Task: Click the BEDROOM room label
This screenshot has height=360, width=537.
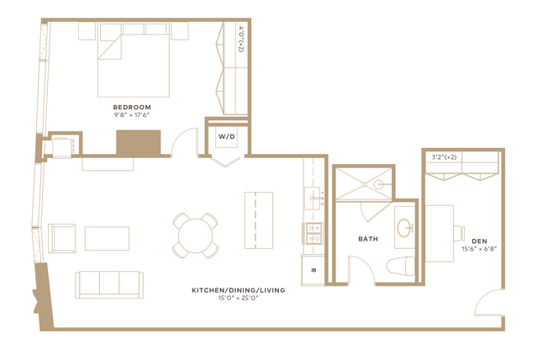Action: click(x=132, y=108)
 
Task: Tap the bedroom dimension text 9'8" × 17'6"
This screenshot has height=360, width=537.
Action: click(x=132, y=115)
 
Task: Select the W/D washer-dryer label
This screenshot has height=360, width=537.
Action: click(x=227, y=137)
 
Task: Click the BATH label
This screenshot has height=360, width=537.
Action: click(x=368, y=239)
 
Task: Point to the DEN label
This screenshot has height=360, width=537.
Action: click(x=479, y=241)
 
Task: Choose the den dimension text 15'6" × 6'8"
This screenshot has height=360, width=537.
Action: click(x=479, y=249)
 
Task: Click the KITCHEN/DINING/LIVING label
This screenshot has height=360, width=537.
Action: click(x=239, y=290)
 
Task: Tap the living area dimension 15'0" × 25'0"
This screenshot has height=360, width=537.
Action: click(x=239, y=299)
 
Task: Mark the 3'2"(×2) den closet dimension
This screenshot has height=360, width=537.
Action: click(x=444, y=157)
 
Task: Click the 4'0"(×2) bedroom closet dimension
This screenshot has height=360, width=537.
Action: click(x=240, y=39)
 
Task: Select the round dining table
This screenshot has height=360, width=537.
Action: click(x=196, y=236)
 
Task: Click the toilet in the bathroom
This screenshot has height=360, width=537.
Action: click(x=400, y=266)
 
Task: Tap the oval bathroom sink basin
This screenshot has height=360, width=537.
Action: click(x=404, y=228)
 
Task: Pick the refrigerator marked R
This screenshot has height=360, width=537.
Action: click(x=313, y=270)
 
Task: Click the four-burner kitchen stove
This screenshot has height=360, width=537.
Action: click(x=313, y=233)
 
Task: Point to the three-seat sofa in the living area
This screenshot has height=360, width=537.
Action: click(x=109, y=284)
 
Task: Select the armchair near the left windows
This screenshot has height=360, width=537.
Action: click(x=62, y=238)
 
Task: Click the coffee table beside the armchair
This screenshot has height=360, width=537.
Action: click(x=108, y=238)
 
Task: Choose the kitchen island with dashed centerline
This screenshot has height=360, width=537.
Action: click(x=259, y=220)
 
